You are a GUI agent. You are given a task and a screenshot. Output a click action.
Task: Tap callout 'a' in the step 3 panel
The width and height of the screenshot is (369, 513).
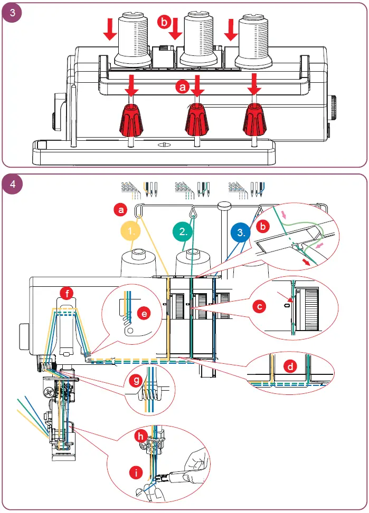(x=183, y=88)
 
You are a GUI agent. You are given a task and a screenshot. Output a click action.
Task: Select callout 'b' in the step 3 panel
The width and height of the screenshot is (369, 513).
(x=164, y=22)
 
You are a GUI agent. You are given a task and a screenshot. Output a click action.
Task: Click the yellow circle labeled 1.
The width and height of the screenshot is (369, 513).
(x=131, y=231)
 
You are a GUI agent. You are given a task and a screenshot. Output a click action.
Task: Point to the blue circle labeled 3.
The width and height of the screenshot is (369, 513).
(x=241, y=231)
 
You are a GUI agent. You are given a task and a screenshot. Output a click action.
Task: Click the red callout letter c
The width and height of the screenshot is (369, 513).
(x=258, y=305)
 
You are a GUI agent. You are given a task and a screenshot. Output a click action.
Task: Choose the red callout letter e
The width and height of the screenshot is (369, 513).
(x=142, y=313)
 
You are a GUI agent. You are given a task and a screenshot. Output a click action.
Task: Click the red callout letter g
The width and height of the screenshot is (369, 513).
(x=136, y=380)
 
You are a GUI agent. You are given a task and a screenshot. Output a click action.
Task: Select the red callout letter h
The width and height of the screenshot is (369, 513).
(x=140, y=438)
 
